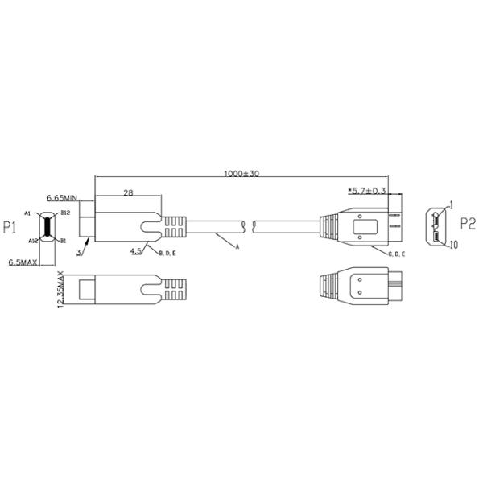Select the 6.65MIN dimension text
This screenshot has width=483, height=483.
pos(61,197)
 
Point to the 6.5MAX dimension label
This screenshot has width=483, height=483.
pos(24,262)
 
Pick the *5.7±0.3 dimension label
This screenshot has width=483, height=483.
pos(366,191)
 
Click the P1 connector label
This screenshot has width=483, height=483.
pos(11,229)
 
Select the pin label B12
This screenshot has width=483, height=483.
pos(67,213)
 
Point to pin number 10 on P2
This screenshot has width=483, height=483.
pos(455,245)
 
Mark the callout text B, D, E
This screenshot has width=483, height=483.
pos(168,254)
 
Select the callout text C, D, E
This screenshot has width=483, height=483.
pos(396,254)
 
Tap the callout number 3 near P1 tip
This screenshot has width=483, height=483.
pos(79,253)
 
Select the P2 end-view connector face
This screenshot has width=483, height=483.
pos(438,225)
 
